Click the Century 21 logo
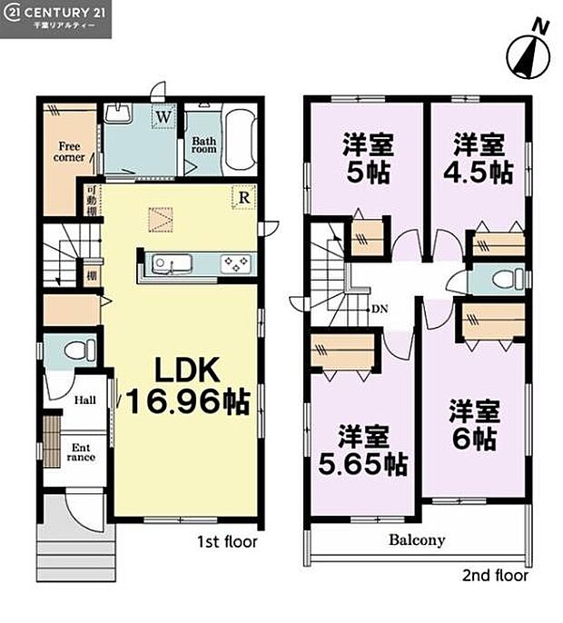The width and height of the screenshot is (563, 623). (x=55, y=18)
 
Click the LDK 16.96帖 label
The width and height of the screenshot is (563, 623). (x=186, y=386)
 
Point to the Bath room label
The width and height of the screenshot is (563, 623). (x=204, y=147)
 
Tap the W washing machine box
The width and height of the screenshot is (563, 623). (x=164, y=116)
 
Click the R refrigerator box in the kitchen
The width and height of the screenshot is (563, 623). (x=244, y=195)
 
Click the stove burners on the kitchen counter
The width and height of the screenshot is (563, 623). (x=238, y=264)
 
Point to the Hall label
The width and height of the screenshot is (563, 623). (x=86, y=400)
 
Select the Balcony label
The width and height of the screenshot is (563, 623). (x=417, y=540)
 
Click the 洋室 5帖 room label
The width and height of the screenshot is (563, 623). (x=366, y=158)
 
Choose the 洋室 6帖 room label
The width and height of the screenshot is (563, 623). (x=474, y=425)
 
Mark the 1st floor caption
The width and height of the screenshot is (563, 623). (x=228, y=542)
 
